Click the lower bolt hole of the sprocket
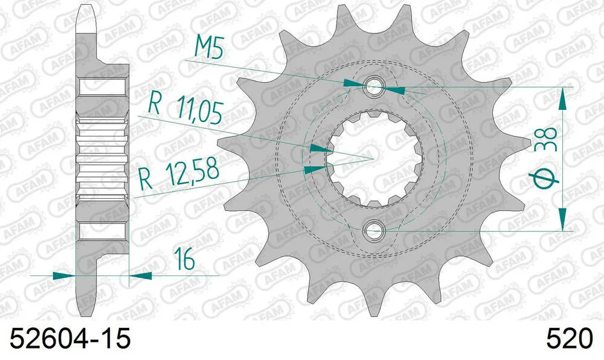tap(374, 230)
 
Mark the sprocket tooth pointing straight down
tap(370, 305)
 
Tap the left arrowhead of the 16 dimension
tap(63, 275)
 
